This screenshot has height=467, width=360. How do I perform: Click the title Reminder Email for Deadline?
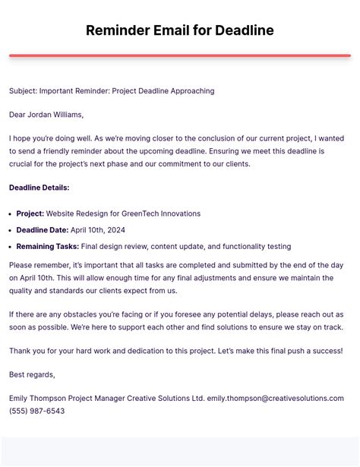coord(180,30)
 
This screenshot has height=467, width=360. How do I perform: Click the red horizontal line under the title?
coord(180,55)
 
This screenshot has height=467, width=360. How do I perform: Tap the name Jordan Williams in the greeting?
coord(56,115)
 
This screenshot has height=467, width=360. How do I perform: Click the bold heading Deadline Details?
coord(39,188)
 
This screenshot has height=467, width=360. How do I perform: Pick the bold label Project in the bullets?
coord(30,213)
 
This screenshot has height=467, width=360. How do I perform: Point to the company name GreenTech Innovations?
coord(163,213)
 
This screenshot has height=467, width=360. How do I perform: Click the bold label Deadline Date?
coord(42,230)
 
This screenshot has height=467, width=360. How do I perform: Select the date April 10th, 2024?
coord(97,230)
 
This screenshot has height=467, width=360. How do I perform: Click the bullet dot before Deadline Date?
coord(11,230)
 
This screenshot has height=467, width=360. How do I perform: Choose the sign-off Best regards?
coord(32,374)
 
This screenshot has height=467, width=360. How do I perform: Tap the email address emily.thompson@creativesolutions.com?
coord(275,398)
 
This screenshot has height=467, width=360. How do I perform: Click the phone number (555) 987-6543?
coord(36,411)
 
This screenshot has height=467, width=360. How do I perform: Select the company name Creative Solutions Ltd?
coord(168,398)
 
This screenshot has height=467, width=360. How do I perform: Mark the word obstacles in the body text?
coord(81,314)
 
